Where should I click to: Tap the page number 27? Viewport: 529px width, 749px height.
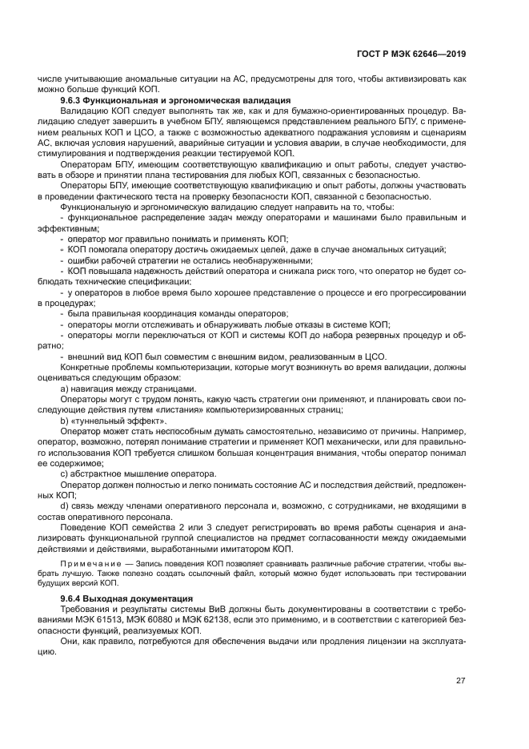461,681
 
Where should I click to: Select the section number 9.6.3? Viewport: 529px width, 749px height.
74,100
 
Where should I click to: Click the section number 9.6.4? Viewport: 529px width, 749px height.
74,599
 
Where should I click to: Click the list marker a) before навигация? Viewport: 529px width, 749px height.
65,389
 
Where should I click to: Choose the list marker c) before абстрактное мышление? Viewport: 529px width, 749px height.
65,473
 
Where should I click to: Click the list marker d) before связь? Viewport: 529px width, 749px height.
65,504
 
